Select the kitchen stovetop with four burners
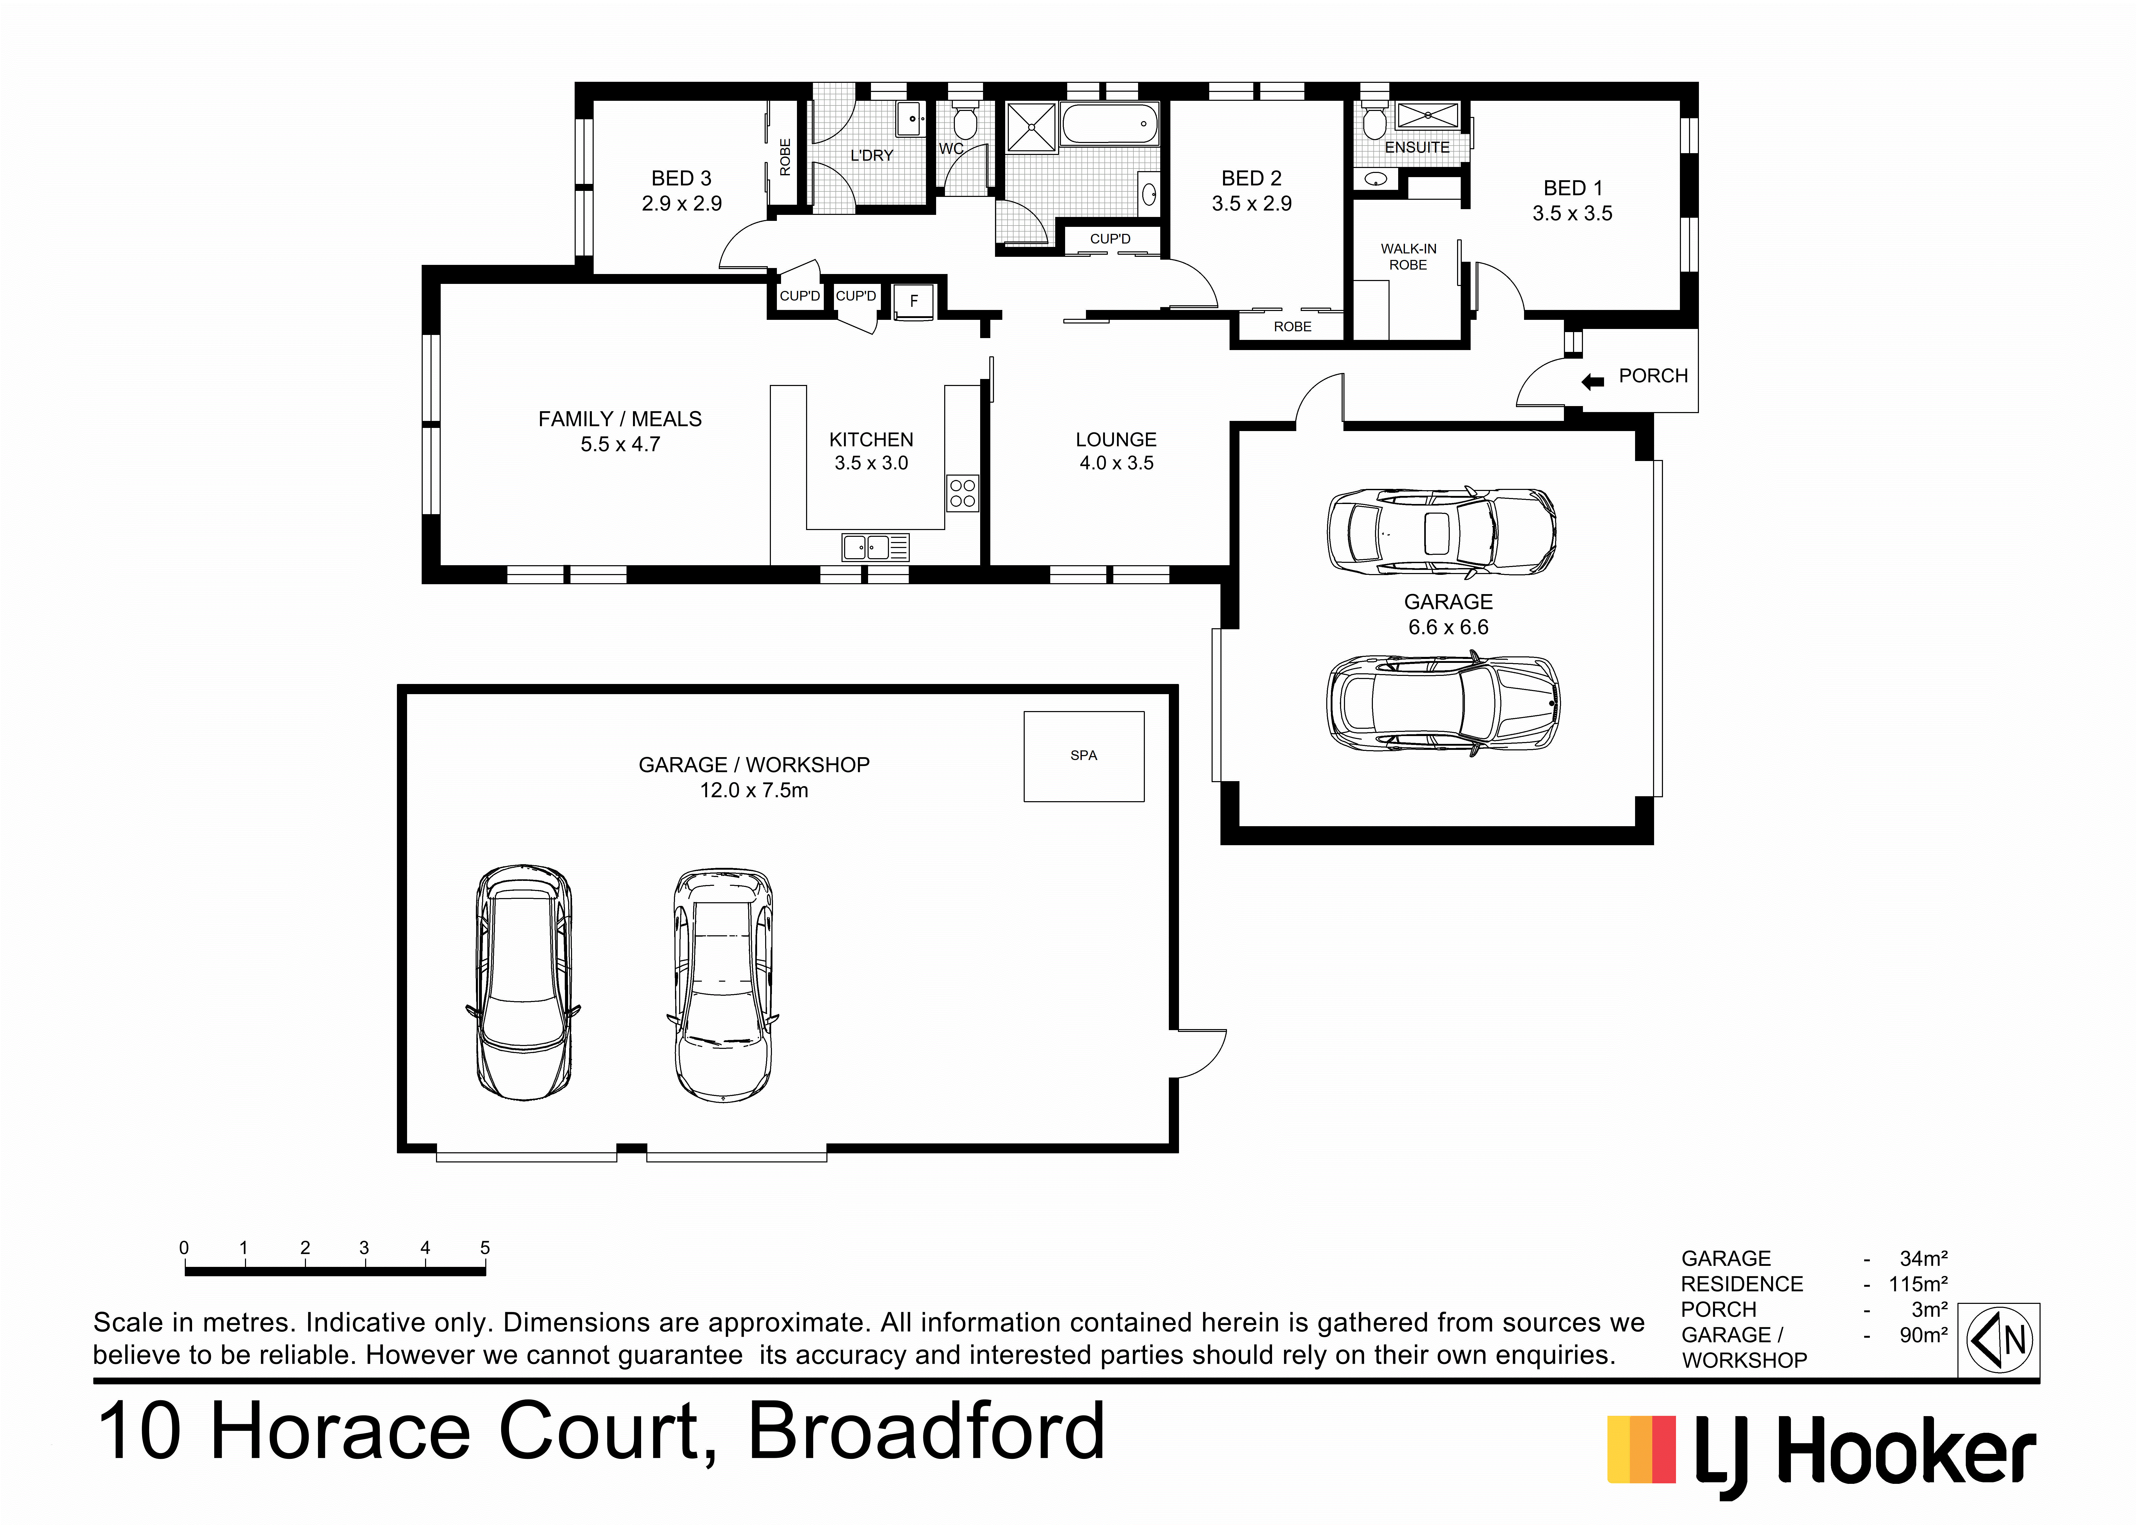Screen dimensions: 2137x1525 pos(962,493)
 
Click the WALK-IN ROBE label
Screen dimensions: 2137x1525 pos(1408,256)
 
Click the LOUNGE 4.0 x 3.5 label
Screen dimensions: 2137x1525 pos(1116,451)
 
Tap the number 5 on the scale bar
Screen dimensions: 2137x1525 pos(485,1248)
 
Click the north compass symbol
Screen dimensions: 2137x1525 pos(2000,1340)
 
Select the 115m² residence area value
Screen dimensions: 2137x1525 pos(1918,1284)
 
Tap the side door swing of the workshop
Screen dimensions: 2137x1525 pos(1199,1054)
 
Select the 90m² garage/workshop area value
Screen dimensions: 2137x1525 pos(1923,1334)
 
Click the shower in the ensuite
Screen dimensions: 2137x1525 pos(1427,115)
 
